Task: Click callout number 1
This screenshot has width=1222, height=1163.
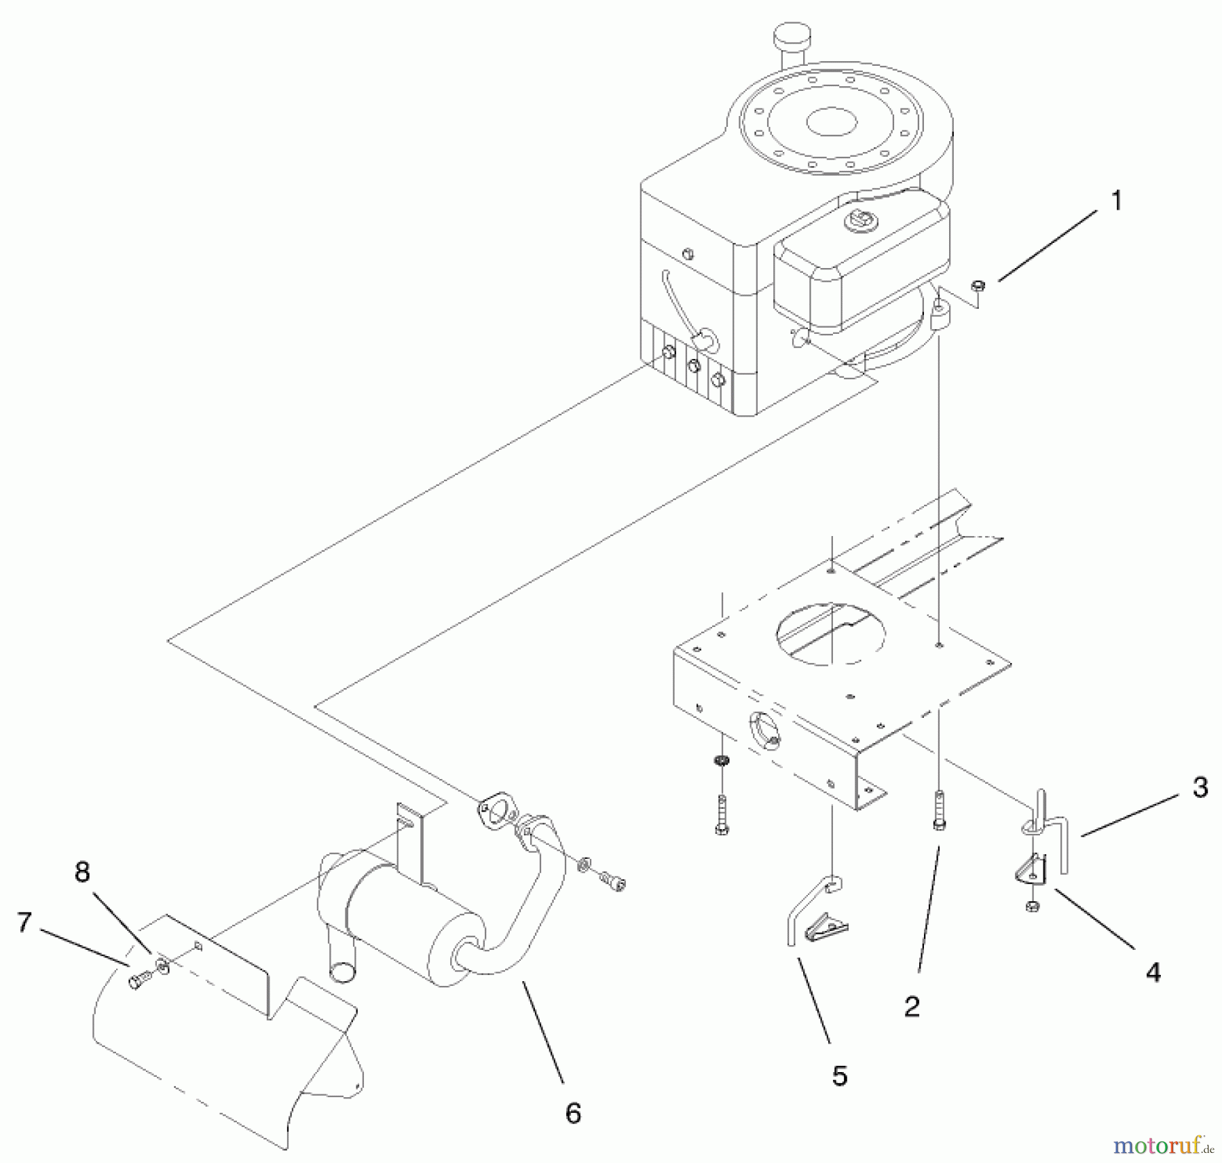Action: pyautogui.click(x=1116, y=202)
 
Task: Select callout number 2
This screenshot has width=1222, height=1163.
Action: pyautogui.click(x=912, y=1006)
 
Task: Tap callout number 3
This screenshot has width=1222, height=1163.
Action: pyautogui.click(x=1200, y=787)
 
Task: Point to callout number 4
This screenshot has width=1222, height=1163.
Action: pyautogui.click(x=1153, y=973)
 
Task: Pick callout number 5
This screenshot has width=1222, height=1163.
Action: pyautogui.click(x=840, y=1075)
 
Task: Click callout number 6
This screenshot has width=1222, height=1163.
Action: pyautogui.click(x=573, y=1113)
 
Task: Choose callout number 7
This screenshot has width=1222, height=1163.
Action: pyautogui.click(x=24, y=922)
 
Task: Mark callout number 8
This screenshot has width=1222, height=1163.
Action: pyautogui.click(x=82, y=872)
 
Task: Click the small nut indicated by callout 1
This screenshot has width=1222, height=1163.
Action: pyautogui.click(x=978, y=286)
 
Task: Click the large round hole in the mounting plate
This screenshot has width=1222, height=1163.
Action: pyautogui.click(x=830, y=634)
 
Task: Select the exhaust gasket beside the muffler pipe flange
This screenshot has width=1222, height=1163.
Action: pyautogui.click(x=497, y=811)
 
